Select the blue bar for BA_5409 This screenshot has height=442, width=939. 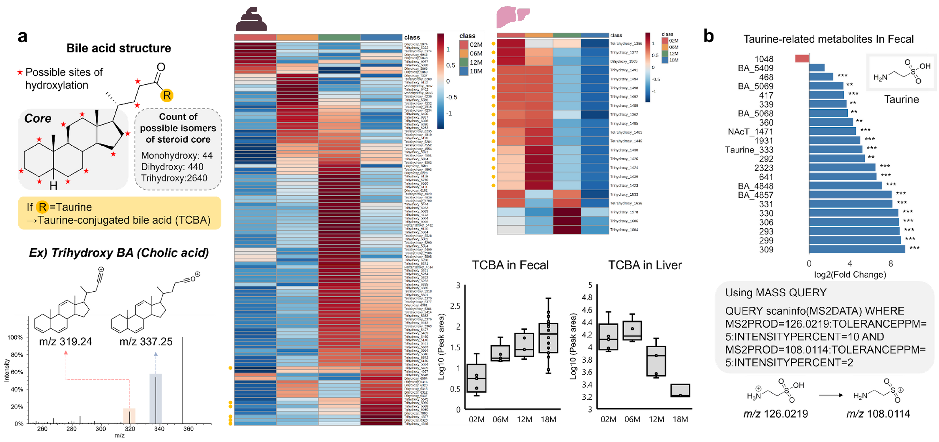[x=817, y=68]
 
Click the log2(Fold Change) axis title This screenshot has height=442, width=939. [x=850, y=275]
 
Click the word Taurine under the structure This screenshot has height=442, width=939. [x=901, y=100]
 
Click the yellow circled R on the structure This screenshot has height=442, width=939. [x=167, y=95]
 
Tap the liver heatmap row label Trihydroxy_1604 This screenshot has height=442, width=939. [x=624, y=230]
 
